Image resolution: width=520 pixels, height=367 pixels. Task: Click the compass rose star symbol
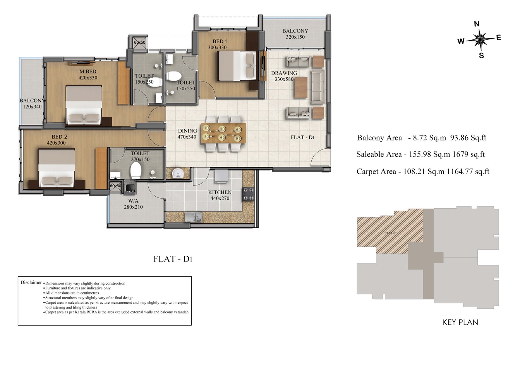coord(479,39)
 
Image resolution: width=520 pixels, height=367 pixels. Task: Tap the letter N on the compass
coord(477,24)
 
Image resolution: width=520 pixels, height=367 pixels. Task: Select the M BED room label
coord(88,71)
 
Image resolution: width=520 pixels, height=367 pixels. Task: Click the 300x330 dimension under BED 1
coord(217,48)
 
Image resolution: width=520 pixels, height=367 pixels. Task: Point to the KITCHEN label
coord(220,192)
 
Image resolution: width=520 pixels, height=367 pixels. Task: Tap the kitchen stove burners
coord(248,194)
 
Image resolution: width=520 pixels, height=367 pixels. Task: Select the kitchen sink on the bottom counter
coord(194,217)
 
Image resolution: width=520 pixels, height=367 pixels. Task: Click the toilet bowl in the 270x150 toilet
coord(136,171)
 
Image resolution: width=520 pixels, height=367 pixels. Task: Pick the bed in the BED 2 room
coord(57,168)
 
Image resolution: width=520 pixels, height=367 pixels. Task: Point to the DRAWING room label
coord(284,73)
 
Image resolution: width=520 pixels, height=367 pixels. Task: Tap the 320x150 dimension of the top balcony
coord(295,37)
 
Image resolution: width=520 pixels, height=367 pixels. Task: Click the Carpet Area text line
coord(423,172)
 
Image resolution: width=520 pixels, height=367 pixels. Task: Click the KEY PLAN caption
coord(460,322)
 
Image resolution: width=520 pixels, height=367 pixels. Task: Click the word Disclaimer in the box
coord(31,282)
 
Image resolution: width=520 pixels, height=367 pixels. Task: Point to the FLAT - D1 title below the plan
coord(173,259)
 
